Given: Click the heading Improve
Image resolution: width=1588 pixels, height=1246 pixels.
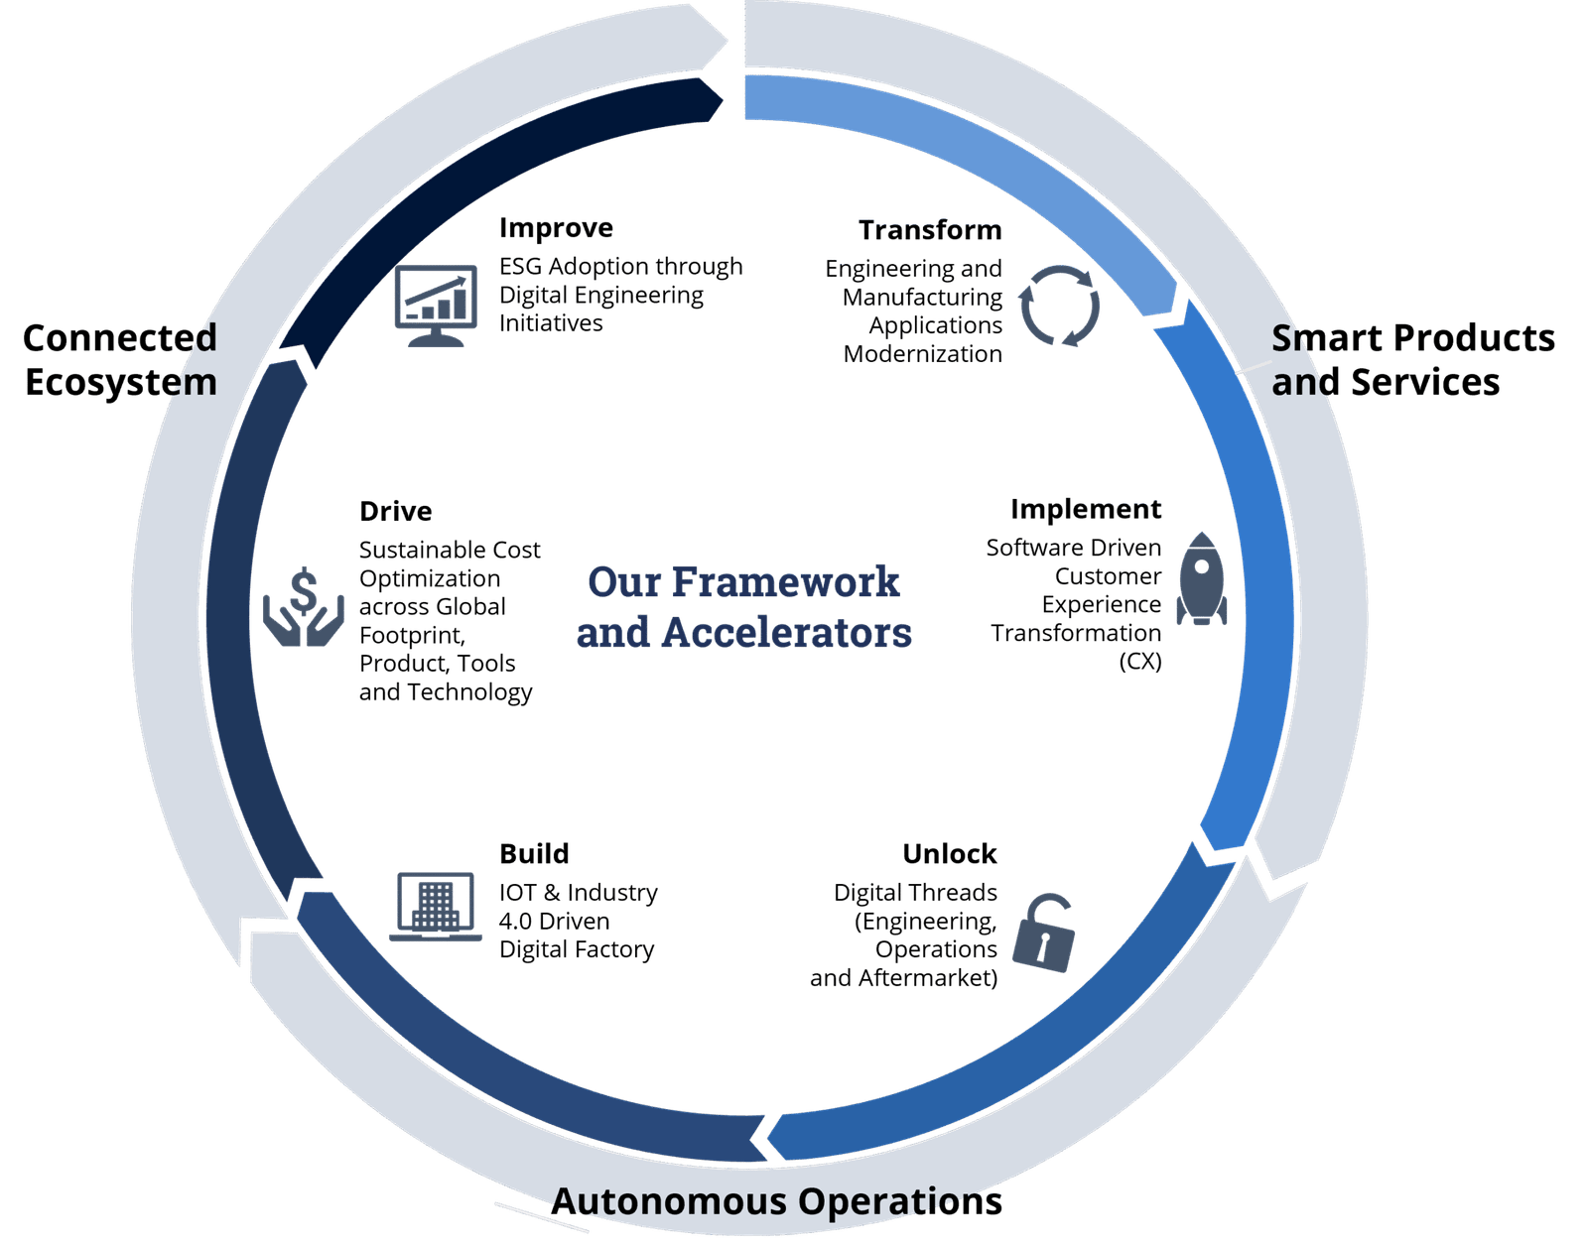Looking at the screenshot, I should [x=555, y=228].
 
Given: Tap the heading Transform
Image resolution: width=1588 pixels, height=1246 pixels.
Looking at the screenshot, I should [x=930, y=230].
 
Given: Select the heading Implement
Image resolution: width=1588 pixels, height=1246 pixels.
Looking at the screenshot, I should [x=1086, y=509].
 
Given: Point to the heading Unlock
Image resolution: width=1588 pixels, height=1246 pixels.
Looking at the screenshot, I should [x=949, y=853].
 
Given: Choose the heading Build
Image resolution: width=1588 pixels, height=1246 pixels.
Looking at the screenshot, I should [x=534, y=853].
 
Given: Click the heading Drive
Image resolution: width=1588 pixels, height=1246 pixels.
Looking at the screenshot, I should [x=395, y=512].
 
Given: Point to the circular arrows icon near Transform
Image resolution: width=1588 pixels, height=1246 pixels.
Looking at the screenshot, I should [x=1061, y=304].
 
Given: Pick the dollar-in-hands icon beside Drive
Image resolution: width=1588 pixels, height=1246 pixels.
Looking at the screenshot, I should [x=304, y=606].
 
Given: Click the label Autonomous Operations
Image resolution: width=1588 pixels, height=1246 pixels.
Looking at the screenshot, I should [x=776, y=1201].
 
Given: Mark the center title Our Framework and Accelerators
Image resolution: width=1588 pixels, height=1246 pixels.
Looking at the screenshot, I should [x=743, y=607].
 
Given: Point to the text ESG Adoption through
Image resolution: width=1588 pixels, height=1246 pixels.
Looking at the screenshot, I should [x=620, y=267].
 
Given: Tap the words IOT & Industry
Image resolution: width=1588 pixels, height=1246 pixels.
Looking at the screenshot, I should [x=578, y=893].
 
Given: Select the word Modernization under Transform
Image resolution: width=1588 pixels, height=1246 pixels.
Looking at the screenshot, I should [x=923, y=354].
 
